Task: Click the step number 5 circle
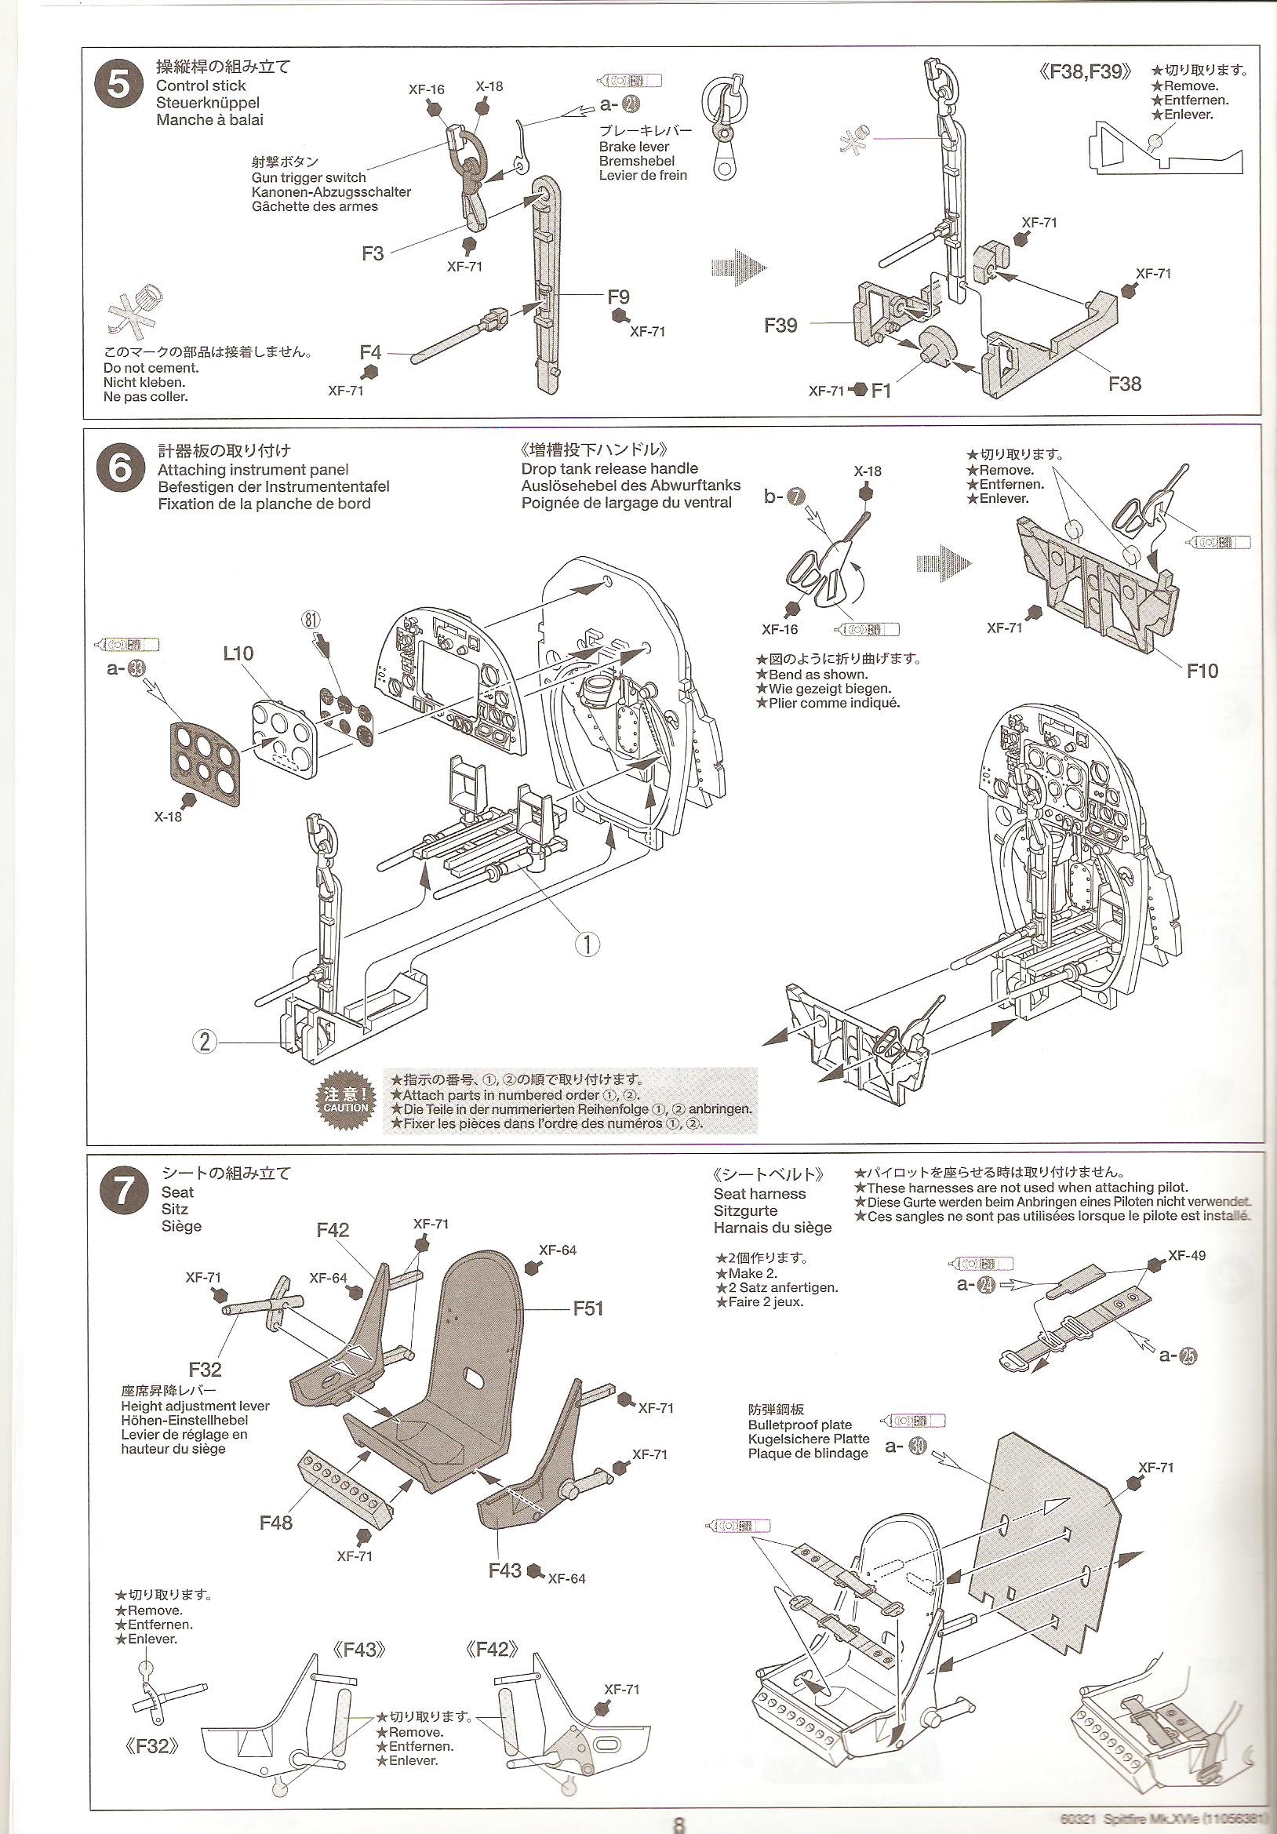(x=118, y=84)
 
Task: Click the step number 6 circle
(x=119, y=468)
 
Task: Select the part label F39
(x=780, y=325)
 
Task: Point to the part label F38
(x=1125, y=384)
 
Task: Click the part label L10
(x=238, y=653)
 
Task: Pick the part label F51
(x=588, y=1308)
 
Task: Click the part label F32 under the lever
(x=206, y=1370)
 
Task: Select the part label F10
(x=1202, y=671)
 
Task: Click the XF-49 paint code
(x=1187, y=1256)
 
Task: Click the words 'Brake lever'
(x=634, y=147)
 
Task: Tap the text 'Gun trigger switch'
(x=308, y=178)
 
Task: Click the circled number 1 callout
(x=587, y=944)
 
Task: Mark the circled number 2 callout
(x=206, y=1042)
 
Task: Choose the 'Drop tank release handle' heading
(x=609, y=469)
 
